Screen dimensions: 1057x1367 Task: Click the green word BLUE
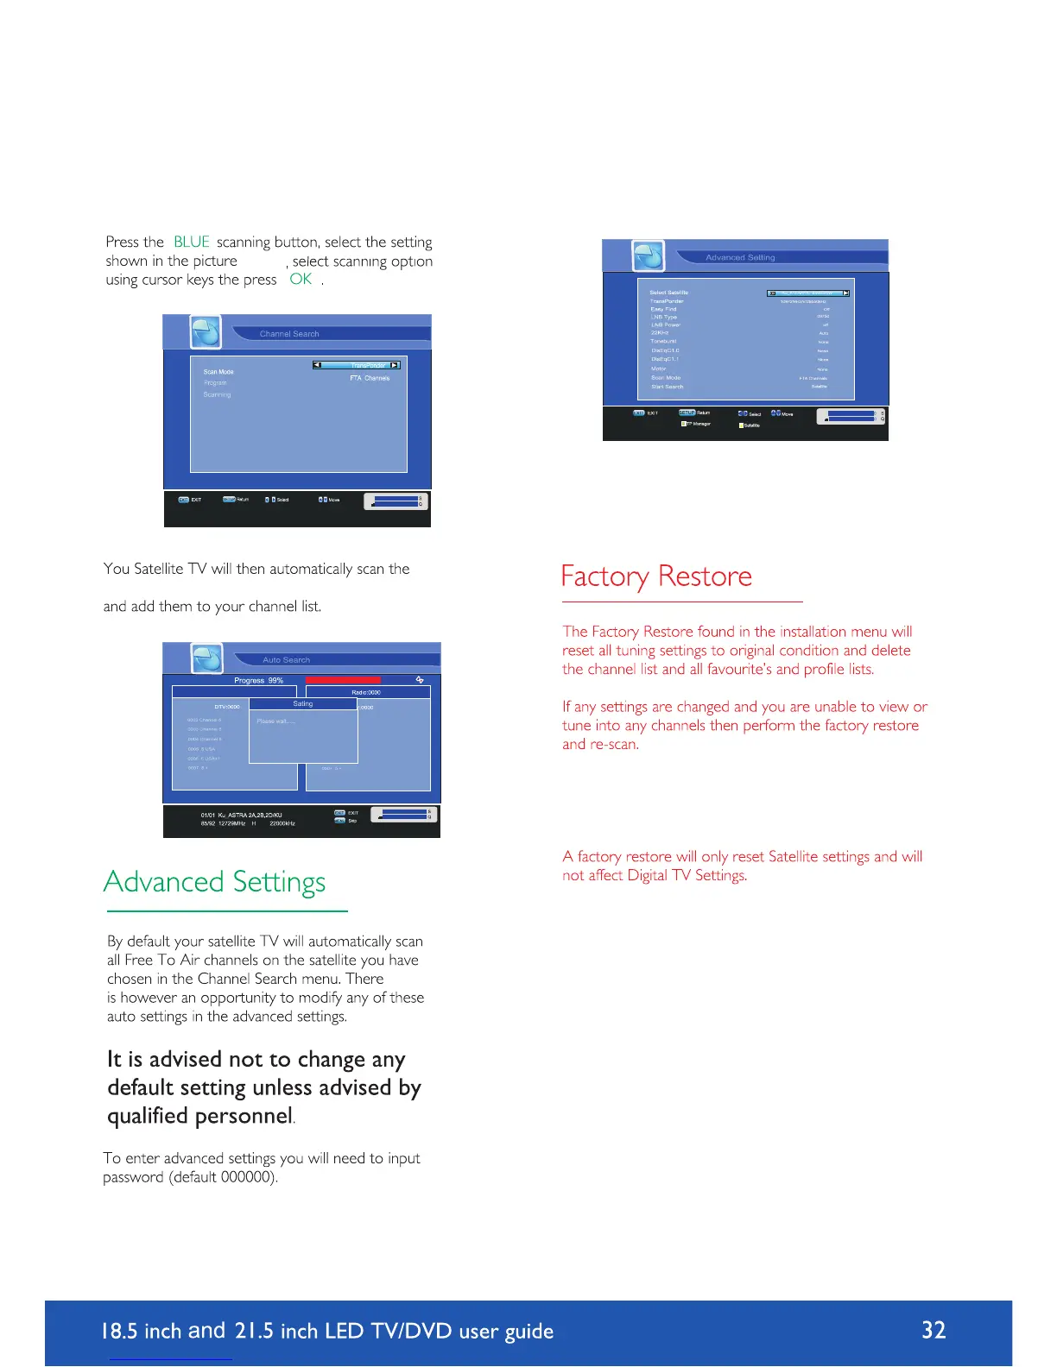191,243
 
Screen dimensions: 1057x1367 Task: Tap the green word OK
301,279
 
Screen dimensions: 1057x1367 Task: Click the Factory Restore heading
656,576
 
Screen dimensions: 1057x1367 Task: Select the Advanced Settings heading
214,882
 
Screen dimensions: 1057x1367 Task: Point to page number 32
934,1330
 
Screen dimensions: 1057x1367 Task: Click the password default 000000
247,1177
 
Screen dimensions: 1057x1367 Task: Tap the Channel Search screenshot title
289,334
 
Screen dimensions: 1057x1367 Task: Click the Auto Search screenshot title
286,659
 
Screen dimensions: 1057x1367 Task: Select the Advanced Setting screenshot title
740,257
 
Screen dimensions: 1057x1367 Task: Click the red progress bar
343,680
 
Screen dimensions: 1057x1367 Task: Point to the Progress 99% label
258,680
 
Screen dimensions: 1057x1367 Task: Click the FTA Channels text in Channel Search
370,378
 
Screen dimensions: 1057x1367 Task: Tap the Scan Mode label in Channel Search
218,372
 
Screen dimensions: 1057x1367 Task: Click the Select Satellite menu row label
668,293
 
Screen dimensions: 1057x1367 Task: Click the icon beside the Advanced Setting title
649,256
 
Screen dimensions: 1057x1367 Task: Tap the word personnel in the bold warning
243,1116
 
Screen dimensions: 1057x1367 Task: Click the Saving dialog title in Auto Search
303,704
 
